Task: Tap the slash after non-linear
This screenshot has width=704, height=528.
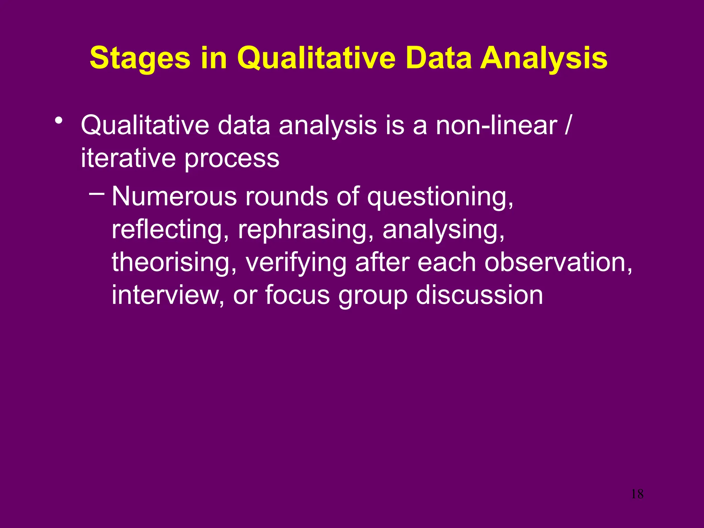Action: (568, 125)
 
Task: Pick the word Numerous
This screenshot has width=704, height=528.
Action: (174, 197)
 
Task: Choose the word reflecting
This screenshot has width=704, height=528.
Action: (170, 230)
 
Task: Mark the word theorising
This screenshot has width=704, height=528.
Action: (174, 262)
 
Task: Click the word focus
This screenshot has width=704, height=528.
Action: (297, 295)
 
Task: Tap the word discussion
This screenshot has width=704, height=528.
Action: (480, 295)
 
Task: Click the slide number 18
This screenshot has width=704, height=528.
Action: (637, 494)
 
